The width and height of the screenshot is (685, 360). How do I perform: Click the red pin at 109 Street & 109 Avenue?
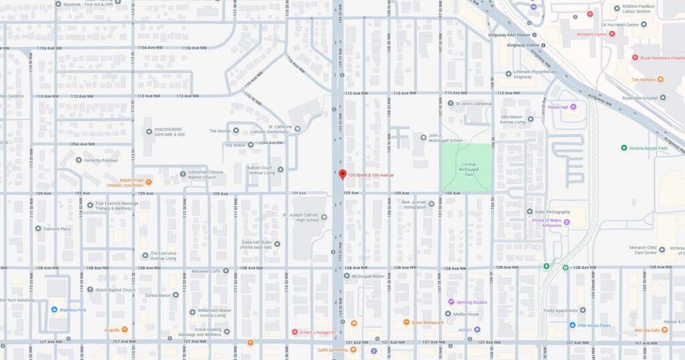tap(342, 174)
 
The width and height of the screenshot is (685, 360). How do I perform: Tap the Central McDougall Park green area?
tap(466, 167)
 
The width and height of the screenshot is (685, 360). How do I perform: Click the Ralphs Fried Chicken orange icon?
tap(149, 182)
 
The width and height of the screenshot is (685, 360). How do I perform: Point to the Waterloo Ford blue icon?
tap(54, 310)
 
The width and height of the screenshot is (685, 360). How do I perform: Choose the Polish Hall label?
tap(557, 107)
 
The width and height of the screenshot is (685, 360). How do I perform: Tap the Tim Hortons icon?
tap(660, 79)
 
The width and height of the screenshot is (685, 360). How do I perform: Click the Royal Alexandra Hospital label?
tap(666, 58)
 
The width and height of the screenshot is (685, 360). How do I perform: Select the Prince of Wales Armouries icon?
tap(567, 221)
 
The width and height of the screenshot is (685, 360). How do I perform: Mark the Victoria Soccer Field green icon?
tap(623, 148)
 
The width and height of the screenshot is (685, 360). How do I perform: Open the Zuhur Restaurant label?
tap(428, 322)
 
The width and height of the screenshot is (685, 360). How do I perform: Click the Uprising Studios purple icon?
tap(451, 302)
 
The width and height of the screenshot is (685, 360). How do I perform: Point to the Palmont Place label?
tap(58, 229)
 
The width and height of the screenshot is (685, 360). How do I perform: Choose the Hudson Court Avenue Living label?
tap(258, 170)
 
